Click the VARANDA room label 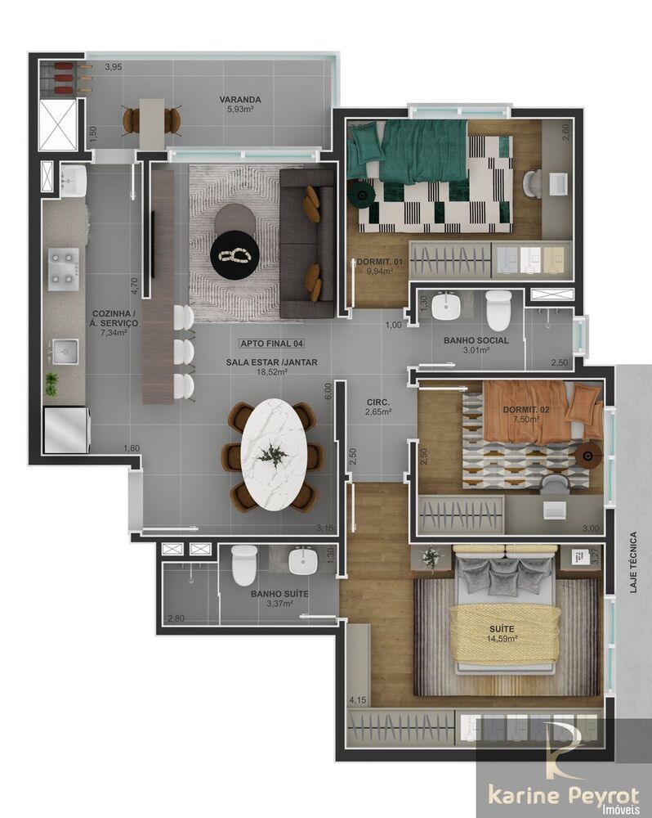(235, 101)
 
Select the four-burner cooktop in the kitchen (63, 268)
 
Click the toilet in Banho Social (498, 310)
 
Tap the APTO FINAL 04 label (270, 344)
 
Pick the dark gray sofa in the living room (306, 243)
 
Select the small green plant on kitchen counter (52, 382)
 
